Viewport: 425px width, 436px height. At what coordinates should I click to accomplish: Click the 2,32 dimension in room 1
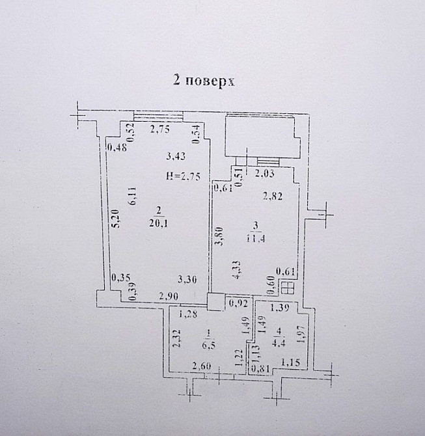pos(176,340)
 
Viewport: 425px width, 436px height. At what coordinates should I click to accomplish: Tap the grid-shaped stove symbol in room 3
pos(288,288)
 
